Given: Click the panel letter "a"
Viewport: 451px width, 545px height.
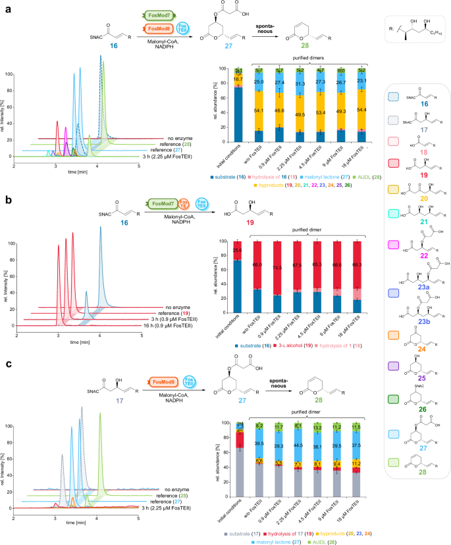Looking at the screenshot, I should tap(5, 6).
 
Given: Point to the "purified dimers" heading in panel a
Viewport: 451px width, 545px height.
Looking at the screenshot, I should tap(304, 58).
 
